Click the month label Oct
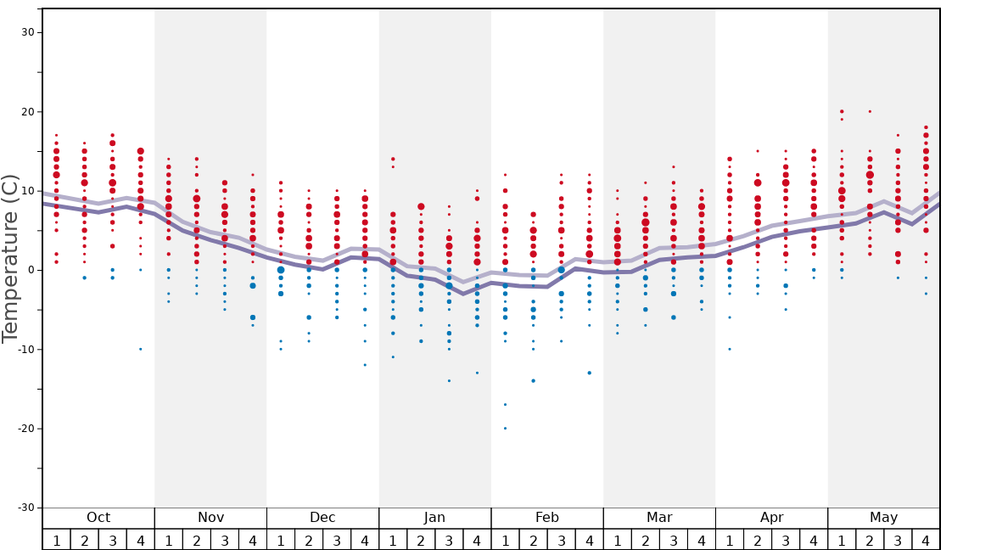tap(98, 518)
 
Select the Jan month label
tap(434, 518)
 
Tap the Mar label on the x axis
tap(659, 518)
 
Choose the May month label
tap(883, 518)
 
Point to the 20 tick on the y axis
tap(28, 112)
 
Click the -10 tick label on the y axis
tap(25, 349)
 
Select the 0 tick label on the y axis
tap(31, 270)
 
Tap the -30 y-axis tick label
tap(25, 508)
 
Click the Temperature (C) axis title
tap(10, 258)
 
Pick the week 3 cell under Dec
tap(337, 540)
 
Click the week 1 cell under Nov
tap(169, 540)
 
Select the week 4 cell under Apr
tap(814, 540)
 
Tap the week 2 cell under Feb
tap(533, 540)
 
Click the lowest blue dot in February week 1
tap(505, 428)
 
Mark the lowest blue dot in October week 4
tap(141, 349)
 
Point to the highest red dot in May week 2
tap(870, 111)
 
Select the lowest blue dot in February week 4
tap(589, 373)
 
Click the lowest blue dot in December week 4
tap(365, 365)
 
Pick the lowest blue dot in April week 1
tap(730, 349)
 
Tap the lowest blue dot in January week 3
tap(449, 380)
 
